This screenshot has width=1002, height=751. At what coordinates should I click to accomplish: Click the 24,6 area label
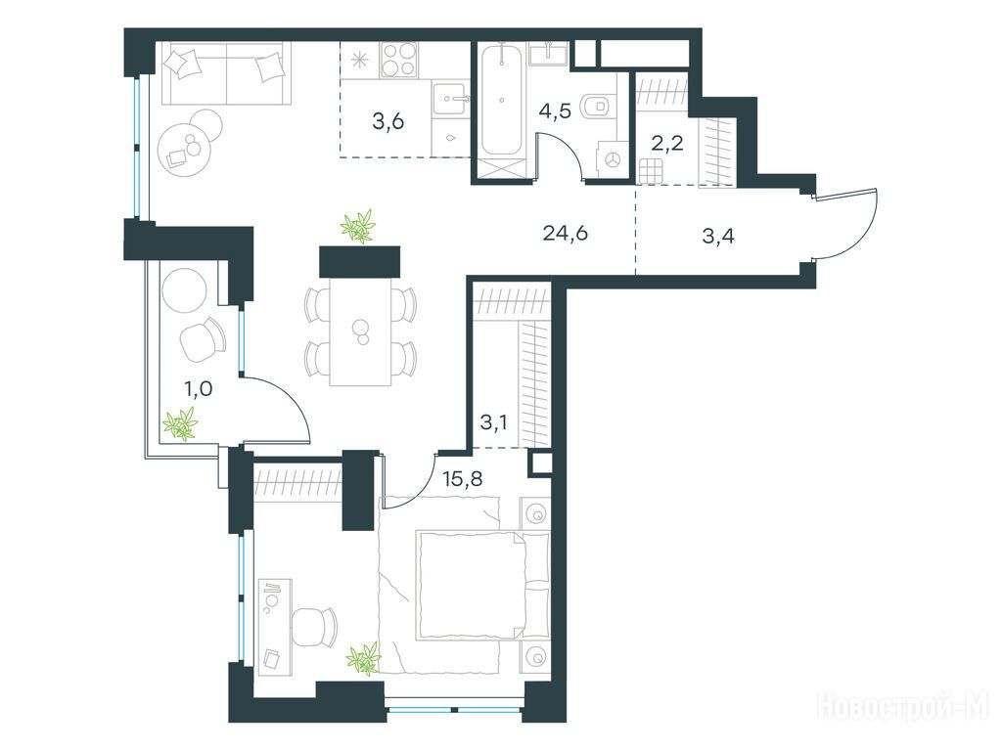tap(565, 234)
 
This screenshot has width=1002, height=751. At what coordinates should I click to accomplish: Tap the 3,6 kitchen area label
tap(388, 120)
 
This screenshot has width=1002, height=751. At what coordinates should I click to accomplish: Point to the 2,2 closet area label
tap(667, 143)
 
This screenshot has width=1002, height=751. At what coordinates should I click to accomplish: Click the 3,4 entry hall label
tap(718, 237)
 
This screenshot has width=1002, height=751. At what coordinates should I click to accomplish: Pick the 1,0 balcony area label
tap(198, 387)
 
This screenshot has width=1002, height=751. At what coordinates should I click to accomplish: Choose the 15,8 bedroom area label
tap(463, 478)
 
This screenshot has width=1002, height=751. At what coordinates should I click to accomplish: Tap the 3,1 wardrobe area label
tap(493, 422)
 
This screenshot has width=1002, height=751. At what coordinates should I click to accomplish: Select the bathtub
tap(502, 100)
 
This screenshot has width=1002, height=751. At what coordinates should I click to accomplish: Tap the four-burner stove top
tap(399, 60)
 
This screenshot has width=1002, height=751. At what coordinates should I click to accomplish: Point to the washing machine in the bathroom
tap(611, 158)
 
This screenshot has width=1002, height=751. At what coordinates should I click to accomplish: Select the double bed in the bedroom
tap(481, 584)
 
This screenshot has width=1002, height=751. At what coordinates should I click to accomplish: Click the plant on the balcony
tap(180, 423)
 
